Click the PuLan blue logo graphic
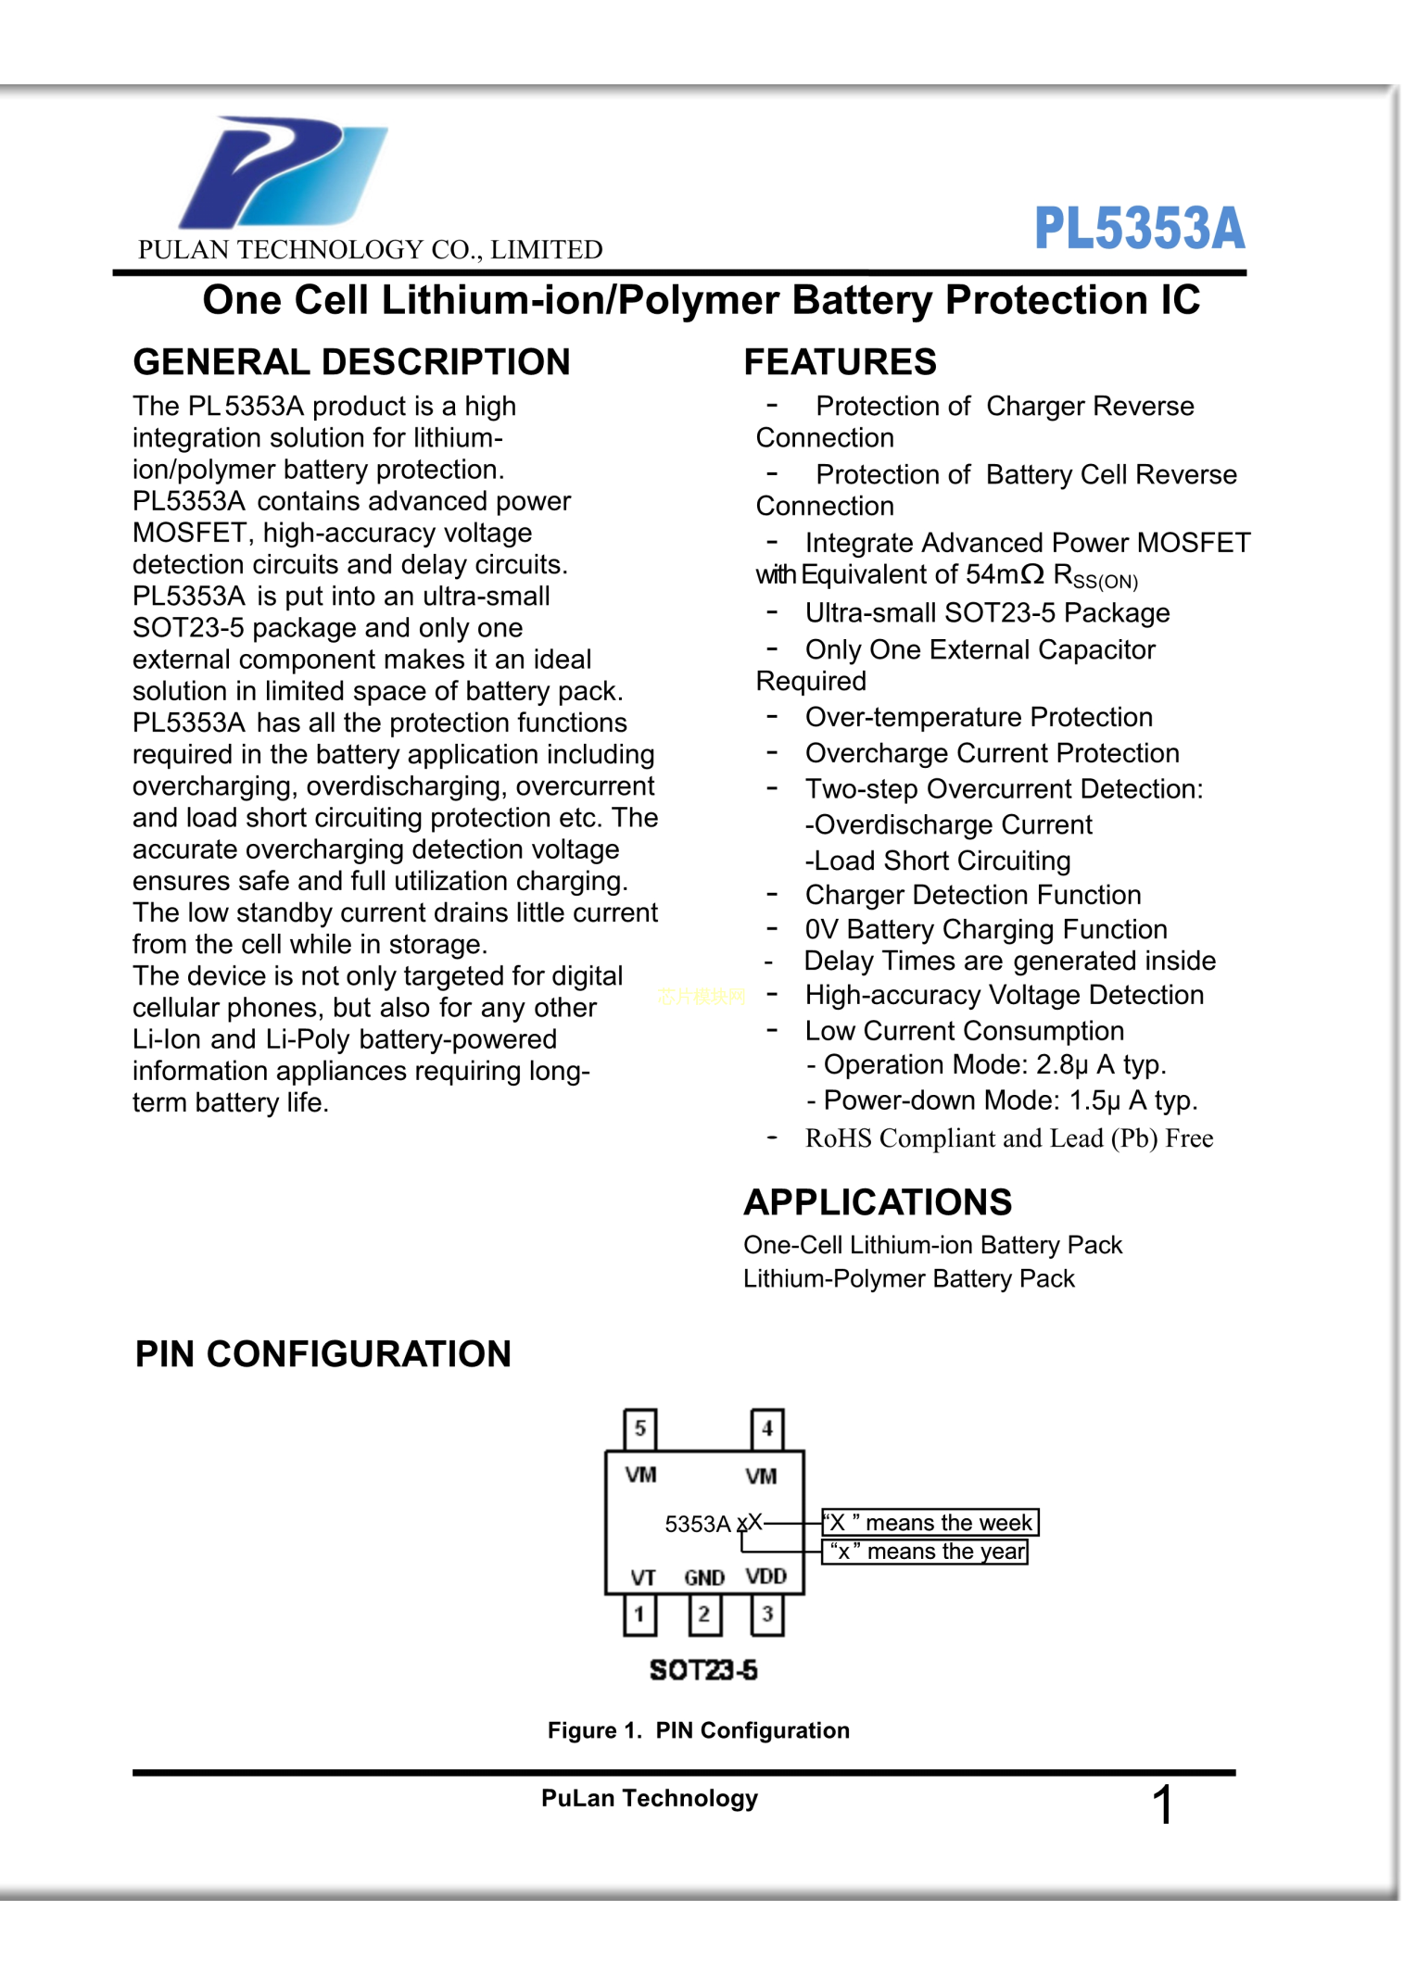[283, 172]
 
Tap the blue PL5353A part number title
[1139, 228]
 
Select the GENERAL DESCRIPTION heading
[351, 362]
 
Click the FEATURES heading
[840, 362]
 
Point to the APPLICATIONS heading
[877, 1202]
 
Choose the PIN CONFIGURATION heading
[323, 1354]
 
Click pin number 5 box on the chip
[639, 1428]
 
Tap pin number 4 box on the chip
[766, 1428]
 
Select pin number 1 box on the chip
[639, 1615]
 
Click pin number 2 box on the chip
[703, 1615]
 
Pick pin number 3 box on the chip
[766, 1615]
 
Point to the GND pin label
[704, 1577]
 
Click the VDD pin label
[766, 1577]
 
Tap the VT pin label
[643, 1577]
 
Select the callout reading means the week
[930, 1523]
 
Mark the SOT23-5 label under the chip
[703, 1670]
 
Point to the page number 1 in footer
[1163, 1805]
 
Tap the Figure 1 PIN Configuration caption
[698, 1730]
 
